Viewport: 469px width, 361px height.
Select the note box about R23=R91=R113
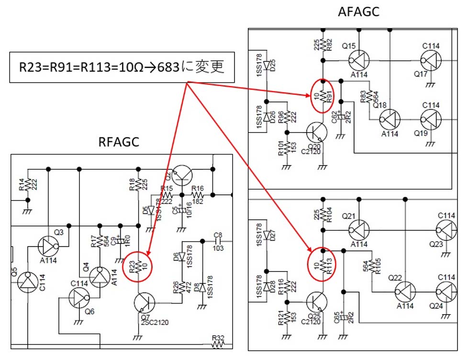click(122, 67)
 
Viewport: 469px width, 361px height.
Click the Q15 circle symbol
click(359, 61)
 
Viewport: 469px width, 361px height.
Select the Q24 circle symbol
click(447, 292)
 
